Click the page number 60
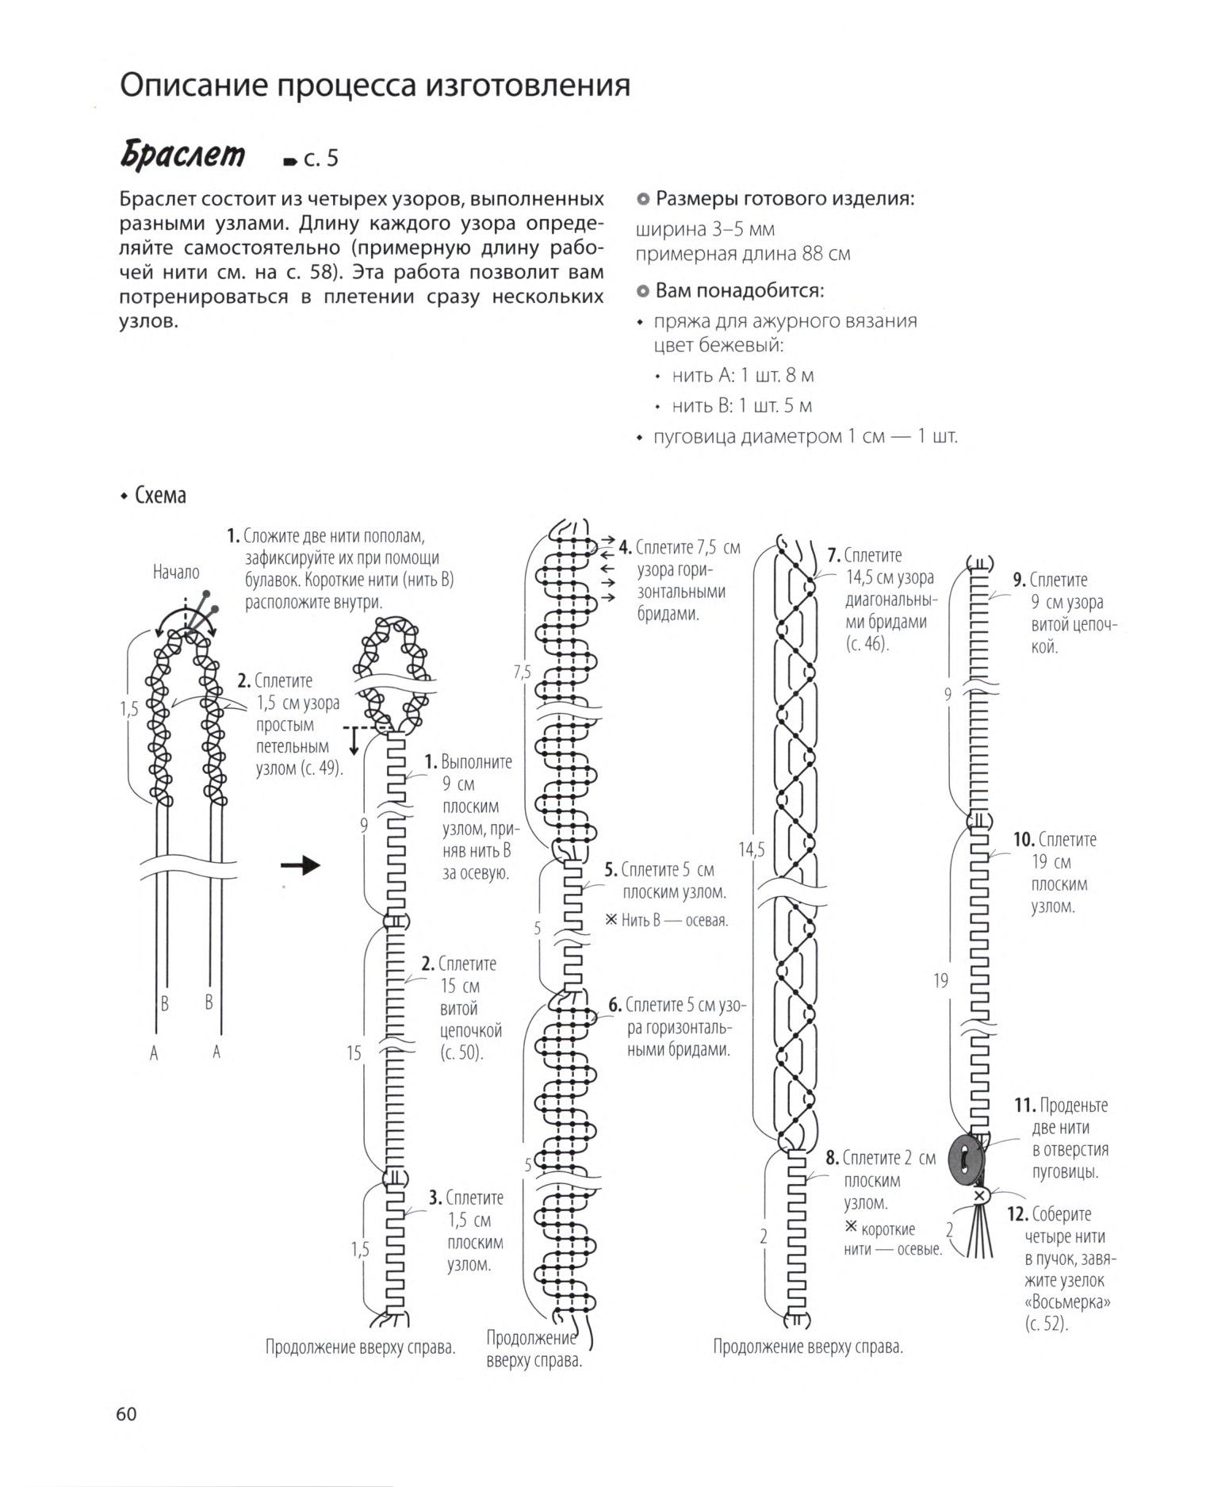coord(127,1414)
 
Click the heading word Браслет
coord(182,155)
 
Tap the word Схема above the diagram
coord(160,496)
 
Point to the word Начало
coord(176,572)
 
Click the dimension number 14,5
coord(752,850)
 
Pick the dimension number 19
coord(940,981)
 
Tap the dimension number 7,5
coord(523,673)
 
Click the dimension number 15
coord(354,1053)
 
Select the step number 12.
coord(1017,1214)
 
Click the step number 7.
coord(833,555)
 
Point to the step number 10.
coord(1023,839)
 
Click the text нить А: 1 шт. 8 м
coord(742,376)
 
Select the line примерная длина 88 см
coord(743,255)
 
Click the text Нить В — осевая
coord(666,920)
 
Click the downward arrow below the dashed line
coord(354,742)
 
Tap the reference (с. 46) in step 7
coord(867,644)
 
